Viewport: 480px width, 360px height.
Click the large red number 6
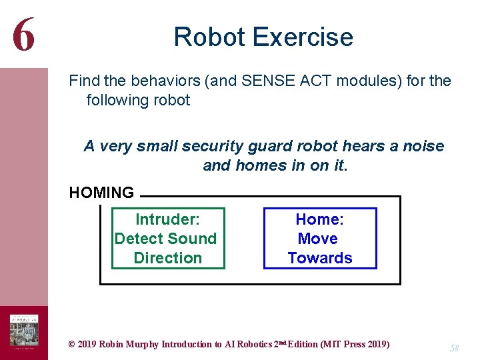point(24,35)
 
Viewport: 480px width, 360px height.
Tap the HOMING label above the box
point(101,193)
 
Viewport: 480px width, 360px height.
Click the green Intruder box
point(167,238)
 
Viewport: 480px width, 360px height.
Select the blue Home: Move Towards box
point(320,238)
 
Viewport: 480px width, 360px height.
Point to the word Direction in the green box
point(167,258)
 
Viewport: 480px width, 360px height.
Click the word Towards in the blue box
point(320,258)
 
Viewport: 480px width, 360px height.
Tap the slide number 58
point(454,347)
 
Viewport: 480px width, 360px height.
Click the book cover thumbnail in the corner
point(23,331)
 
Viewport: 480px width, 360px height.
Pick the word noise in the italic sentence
point(423,146)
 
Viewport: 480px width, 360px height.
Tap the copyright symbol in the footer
point(72,344)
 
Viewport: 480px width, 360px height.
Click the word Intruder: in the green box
point(167,219)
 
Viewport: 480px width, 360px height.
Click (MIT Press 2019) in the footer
point(355,344)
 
